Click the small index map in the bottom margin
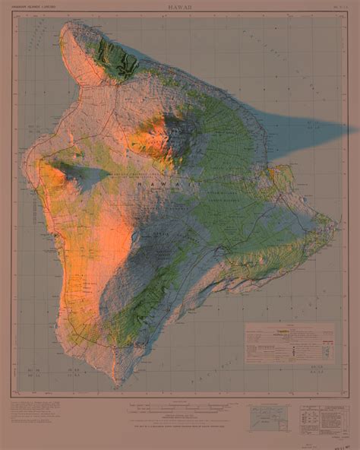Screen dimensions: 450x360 click(269, 417)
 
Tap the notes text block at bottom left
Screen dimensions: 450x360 click(42, 417)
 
